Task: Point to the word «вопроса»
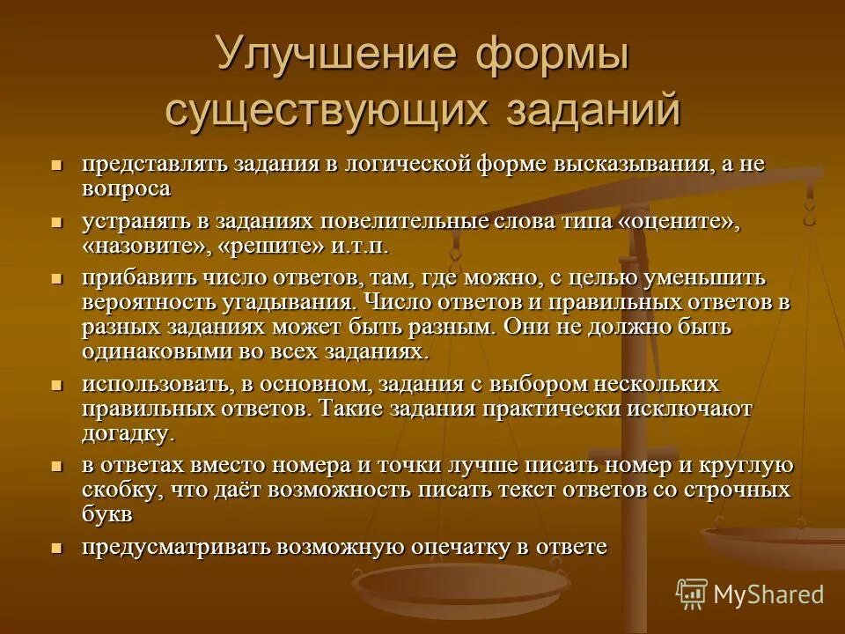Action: (x=127, y=188)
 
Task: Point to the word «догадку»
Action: (x=127, y=433)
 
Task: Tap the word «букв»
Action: (x=109, y=513)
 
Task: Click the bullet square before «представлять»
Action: (x=56, y=165)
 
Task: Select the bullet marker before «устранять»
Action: (x=56, y=222)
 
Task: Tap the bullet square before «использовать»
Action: (x=56, y=386)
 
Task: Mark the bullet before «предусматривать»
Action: (x=56, y=547)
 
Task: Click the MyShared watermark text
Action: (x=768, y=593)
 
